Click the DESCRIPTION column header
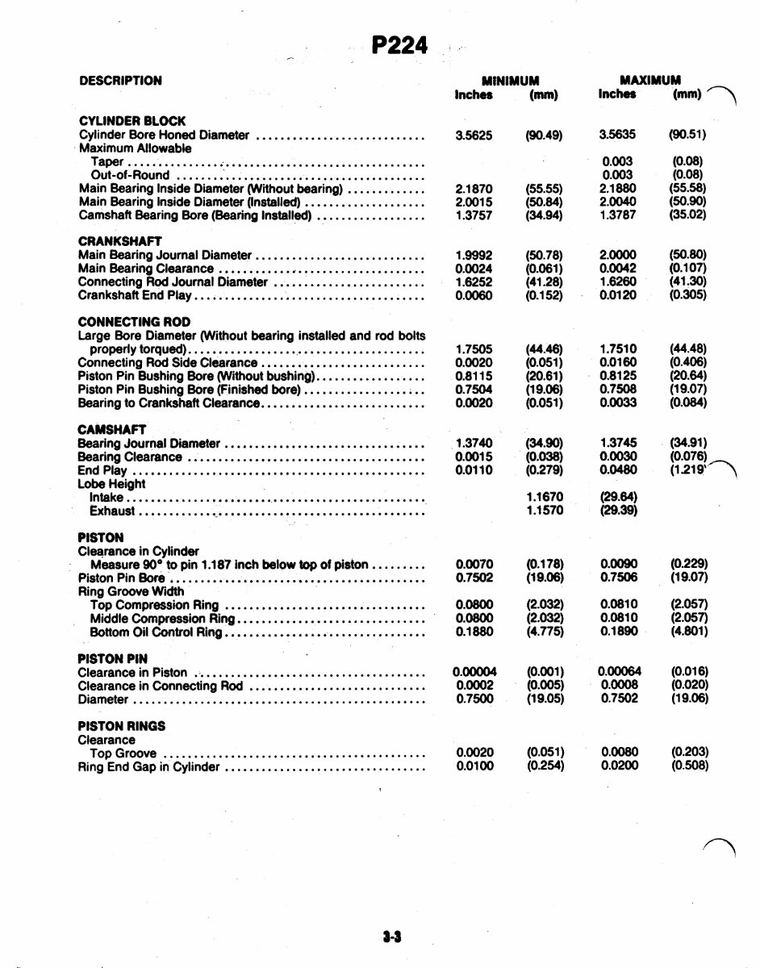pyautogui.click(x=120, y=81)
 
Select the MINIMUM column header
pyautogui.click(x=510, y=81)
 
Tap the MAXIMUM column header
pyautogui.click(x=650, y=81)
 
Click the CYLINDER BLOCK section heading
pyautogui.click(x=132, y=121)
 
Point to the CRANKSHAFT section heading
pyautogui.click(x=120, y=241)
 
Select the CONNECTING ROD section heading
pyautogui.click(x=134, y=322)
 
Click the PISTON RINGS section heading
pyautogui.click(x=122, y=726)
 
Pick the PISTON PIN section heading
pyautogui.click(x=112, y=659)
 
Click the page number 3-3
pyautogui.click(x=393, y=937)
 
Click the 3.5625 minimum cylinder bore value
pyautogui.click(x=474, y=135)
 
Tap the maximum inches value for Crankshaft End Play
pyautogui.click(x=618, y=295)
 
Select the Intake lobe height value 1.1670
pyautogui.click(x=545, y=498)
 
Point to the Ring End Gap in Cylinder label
pyautogui.click(x=148, y=766)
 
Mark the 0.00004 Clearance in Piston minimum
pyautogui.click(x=474, y=672)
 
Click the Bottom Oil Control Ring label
pyautogui.click(x=156, y=632)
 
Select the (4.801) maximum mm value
pyautogui.click(x=689, y=632)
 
